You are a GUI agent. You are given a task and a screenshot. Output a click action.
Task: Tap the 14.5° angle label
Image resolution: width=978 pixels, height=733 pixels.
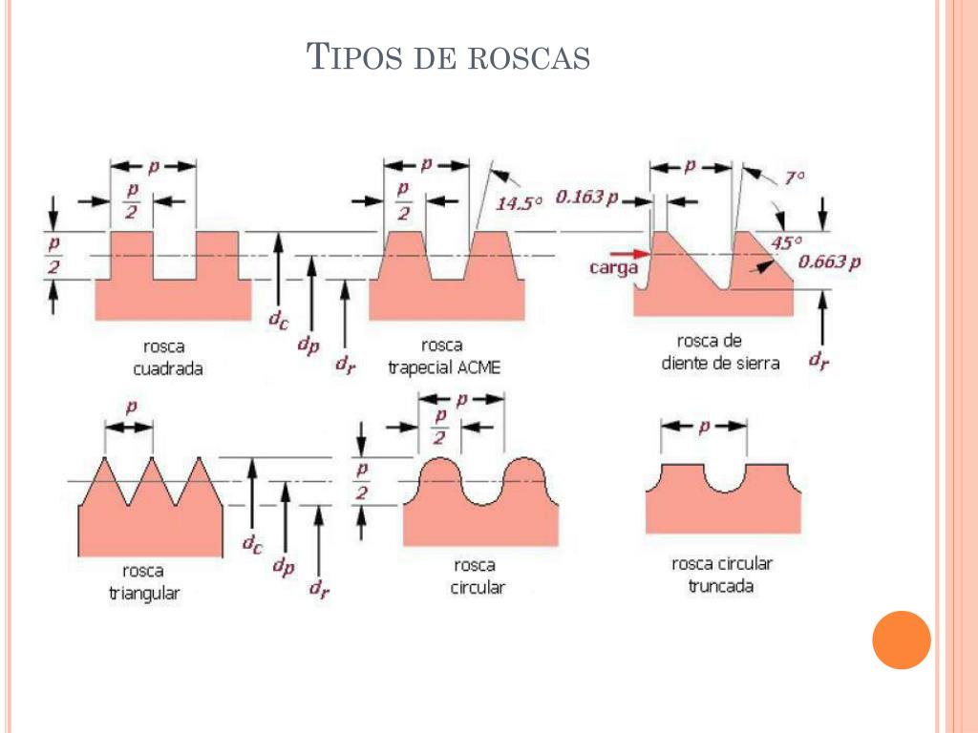tap(520, 202)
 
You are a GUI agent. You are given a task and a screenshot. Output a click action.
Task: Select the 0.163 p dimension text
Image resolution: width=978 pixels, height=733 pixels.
tap(586, 198)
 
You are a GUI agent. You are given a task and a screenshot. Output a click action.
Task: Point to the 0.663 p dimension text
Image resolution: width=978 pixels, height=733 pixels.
tap(829, 262)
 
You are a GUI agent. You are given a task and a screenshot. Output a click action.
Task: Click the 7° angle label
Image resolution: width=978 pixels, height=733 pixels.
tap(795, 178)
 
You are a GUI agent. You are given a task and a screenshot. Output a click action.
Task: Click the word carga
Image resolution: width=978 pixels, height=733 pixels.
tap(613, 268)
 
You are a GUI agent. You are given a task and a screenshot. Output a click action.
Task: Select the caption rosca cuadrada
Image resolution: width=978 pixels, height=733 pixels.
tap(173, 356)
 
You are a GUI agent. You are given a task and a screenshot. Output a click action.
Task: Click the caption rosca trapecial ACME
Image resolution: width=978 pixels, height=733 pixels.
tap(444, 356)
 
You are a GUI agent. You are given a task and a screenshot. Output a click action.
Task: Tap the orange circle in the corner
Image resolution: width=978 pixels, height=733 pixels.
tap(901, 639)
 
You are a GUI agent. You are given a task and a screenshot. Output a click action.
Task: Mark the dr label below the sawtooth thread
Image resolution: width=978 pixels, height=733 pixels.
tap(819, 362)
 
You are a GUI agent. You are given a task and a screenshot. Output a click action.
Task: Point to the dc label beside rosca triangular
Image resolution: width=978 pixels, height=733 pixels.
tap(251, 545)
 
